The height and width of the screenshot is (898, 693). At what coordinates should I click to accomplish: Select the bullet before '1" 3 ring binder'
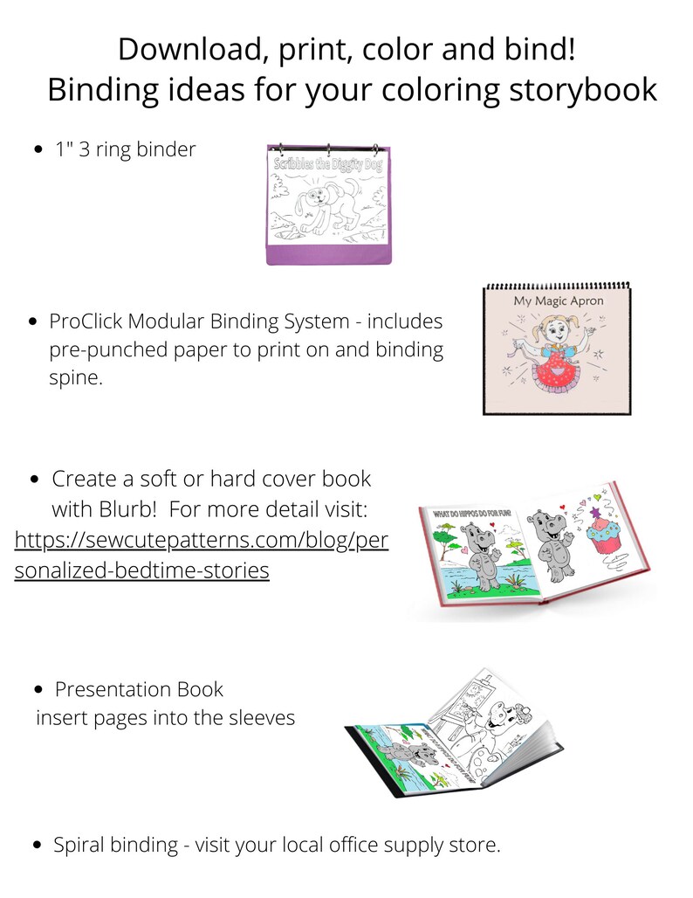click(38, 150)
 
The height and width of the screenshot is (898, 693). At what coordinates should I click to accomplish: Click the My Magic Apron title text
click(558, 301)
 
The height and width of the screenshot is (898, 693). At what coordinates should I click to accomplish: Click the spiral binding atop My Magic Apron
click(557, 285)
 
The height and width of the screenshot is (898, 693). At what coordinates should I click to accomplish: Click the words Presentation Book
click(139, 689)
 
